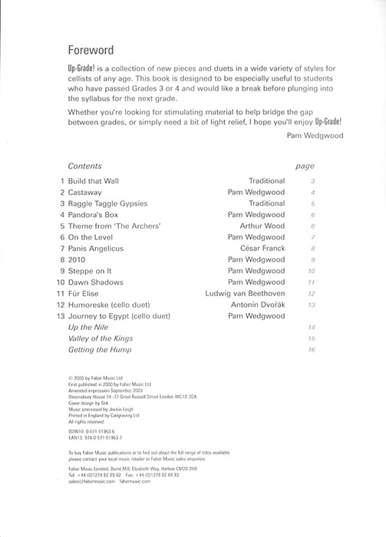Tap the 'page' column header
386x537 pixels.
(x=305, y=166)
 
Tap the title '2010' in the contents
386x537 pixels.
(x=77, y=260)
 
